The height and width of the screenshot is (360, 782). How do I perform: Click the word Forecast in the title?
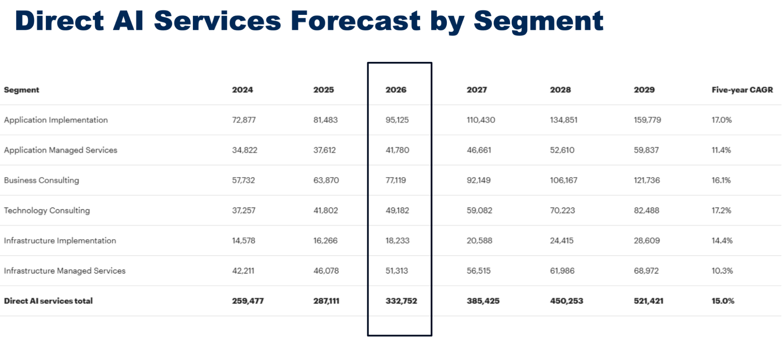[x=355, y=21]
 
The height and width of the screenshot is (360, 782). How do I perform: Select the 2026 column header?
[x=396, y=90]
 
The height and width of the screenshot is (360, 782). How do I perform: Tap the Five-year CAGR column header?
[x=742, y=90]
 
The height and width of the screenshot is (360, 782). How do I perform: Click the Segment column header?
[x=22, y=90]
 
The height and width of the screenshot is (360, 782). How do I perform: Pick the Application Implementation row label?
[x=56, y=120]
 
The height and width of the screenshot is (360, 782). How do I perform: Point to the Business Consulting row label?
[x=41, y=180]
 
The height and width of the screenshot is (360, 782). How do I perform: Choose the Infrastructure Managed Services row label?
[x=65, y=271]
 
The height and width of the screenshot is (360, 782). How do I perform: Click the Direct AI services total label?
[x=48, y=301]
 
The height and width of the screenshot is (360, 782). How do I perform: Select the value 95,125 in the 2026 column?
[x=397, y=120]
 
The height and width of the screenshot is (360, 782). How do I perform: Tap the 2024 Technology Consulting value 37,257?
[x=244, y=211]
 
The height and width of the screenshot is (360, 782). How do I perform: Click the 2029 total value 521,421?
[x=649, y=301]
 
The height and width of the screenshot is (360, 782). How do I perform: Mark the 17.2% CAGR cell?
[x=721, y=211]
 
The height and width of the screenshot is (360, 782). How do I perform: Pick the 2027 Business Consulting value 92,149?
[x=478, y=180]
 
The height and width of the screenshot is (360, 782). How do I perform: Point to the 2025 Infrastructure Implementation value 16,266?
[x=325, y=241]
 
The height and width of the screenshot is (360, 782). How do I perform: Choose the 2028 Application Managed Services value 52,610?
[x=562, y=150]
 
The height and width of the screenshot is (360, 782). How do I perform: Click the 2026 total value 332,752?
[x=401, y=301]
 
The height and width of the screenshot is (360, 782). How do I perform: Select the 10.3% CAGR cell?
[x=722, y=271]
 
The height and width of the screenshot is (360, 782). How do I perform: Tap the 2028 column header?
[x=560, y=90]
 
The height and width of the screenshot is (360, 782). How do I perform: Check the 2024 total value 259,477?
[x=248, y=301]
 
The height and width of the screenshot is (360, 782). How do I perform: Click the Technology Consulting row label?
[x=47, y=211]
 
